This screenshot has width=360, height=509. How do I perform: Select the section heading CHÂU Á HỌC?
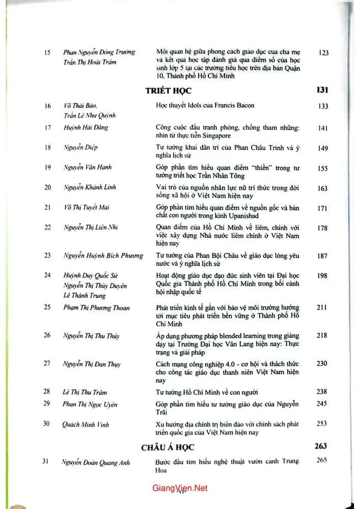[x=168, y=447]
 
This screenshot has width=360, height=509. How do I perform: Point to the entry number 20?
[x=48, y=187]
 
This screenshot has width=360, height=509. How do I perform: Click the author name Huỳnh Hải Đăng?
[x=86, y=127]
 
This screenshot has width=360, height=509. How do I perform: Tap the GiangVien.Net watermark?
[x=180, y=488]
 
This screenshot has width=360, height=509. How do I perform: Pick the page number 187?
[x=322, y=256]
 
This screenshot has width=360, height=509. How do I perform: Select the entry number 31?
[x=45, y=462]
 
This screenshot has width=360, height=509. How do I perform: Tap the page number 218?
[x=322, y=335]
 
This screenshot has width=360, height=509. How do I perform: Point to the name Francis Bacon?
[x=233, y=106]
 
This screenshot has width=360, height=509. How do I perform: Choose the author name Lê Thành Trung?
[x=84, y=296]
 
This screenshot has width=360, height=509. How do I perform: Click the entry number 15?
[x=48, y=52]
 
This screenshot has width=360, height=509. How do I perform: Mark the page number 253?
[x=322, y=423]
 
